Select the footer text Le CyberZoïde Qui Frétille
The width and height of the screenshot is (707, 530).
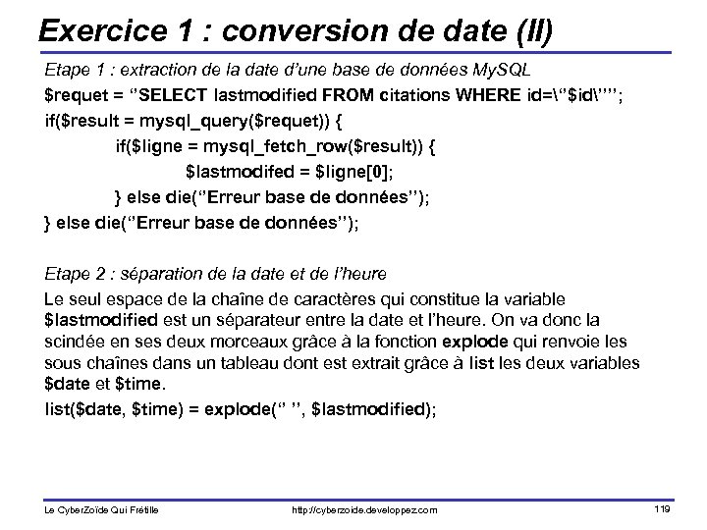102,510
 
